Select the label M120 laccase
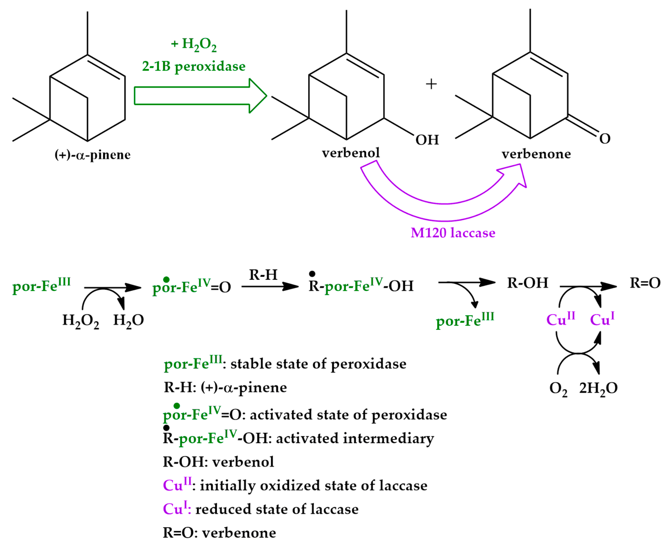453,233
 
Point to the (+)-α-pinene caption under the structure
92,155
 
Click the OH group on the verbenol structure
427,140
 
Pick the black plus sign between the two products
431,84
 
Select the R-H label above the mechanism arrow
263,275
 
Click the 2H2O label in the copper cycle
598,388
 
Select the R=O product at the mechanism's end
645,283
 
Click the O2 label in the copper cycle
558,389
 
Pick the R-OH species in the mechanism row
528,283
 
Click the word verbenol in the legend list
243,462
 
